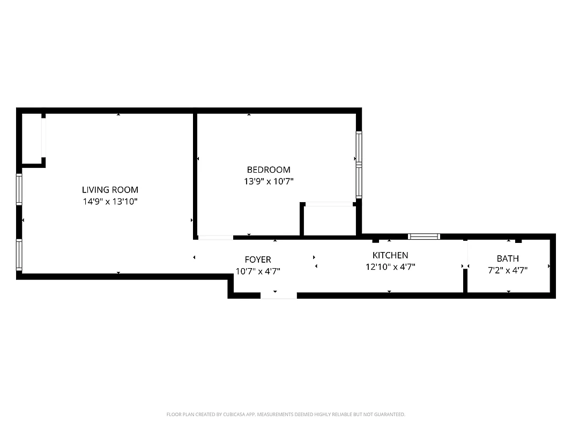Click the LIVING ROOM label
pyautogui.click(x=110, y=189)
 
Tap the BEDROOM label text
pyautogui.click(x=269, y=170)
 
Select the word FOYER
pyautogui.click(x=258, y=260)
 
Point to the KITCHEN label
pyautogui.click(x=390, y=255)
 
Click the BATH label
pyautogui.click(x=508, y=258)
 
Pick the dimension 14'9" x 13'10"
pyautogui.click(x=110, y=201)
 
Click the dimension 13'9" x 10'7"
pyautogui.click(x=269, y=181)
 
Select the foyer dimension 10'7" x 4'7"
pyautogui.click(x=258, y=271)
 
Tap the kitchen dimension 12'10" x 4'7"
pyautogui.click(x=390, y=267)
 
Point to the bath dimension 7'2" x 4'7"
pyautogui.click(x=508, y=270)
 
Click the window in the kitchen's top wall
pyautogui.click(x=424, y=236)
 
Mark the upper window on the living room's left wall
pyautogui.click(x=20, y=189)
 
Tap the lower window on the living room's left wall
pyautogui.click(x=20, y=255)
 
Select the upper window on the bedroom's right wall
pyautogui.click(x=359, y=147)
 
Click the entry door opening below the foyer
pyautogui.click(x=279, y=295)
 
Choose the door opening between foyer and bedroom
pyautogui.click(x=216, y=237)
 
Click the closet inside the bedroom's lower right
pyautogui.click(x=329, y=220)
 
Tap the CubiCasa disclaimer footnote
pyautogui.click(x=286, y=415)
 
